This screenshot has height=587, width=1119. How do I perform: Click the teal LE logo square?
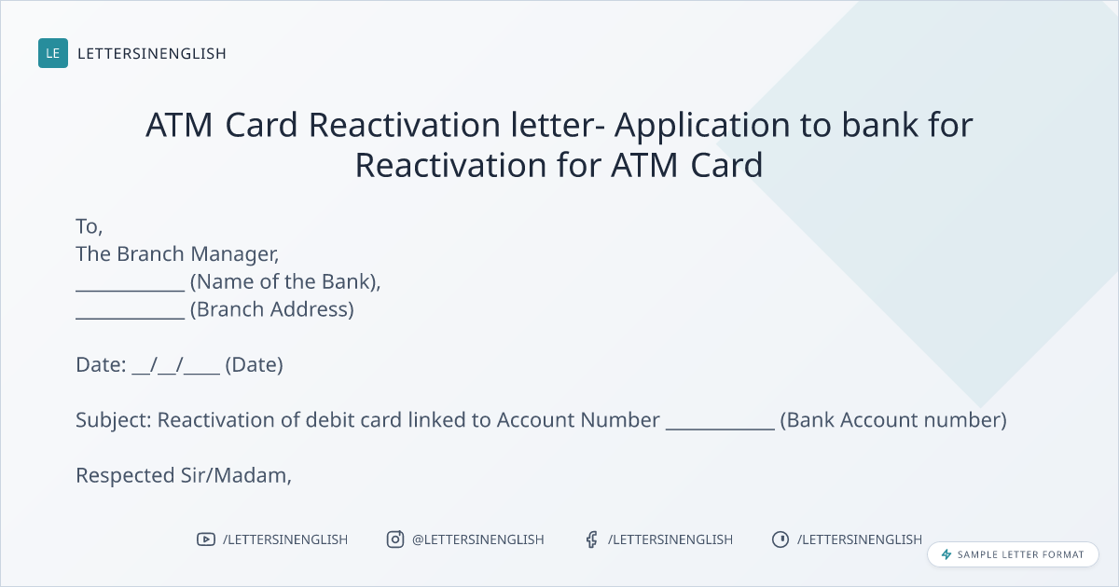click(x=53, y=53)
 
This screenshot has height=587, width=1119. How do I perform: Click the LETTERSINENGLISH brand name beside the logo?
click(x=152, y=53)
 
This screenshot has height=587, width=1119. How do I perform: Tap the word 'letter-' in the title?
click(x=558, y=124)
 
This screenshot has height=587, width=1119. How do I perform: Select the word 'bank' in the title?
click(x=880, y=124)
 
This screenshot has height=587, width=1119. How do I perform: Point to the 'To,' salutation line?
click(x=89, y=226)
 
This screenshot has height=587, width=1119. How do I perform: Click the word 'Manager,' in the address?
click(x=235, y=255)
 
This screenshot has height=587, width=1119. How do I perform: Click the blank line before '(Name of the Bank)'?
click(x=131, y=290)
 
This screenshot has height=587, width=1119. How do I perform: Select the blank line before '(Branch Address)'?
click(x=131, y=318)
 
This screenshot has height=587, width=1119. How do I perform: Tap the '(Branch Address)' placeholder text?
click(x=272, y=309)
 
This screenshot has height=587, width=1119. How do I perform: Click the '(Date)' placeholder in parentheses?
click(x=255, y=365)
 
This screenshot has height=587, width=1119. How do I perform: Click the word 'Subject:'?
click(x=114, y=420)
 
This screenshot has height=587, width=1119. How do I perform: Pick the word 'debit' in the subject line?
click(x=327, y=420)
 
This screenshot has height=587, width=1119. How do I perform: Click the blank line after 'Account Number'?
click(x=720, y=429)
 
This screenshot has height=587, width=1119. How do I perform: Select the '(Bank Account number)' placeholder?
click(x=893, y=420)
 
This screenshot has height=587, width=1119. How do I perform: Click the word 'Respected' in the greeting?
click(x=125, y=476)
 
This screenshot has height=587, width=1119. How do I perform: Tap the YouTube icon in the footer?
click(x=206, y=539)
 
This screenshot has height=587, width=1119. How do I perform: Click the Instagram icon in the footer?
click(x=395, y=539)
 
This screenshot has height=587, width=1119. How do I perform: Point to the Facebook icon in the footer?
click(x=592, y=539)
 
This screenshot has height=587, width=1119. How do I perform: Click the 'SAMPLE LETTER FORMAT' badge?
click(x=1013, y=554)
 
